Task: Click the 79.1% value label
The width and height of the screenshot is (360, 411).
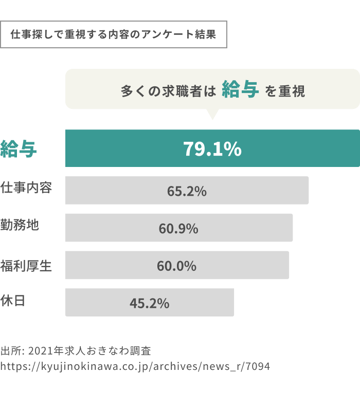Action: pos(212,149)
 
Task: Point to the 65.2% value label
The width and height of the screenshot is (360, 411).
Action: pos(187,191)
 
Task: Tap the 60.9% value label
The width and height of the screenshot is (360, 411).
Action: pos(178,229)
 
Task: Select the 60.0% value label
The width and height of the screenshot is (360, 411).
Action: pos(176,266)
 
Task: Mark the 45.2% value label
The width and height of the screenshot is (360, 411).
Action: pos(149,303)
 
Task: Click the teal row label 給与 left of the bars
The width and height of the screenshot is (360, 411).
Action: pos(19,149)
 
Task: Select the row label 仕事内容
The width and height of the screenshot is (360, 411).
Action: pos(26,188)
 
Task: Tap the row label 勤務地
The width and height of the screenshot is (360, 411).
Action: pos(20,225)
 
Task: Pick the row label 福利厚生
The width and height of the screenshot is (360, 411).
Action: pos(26,266)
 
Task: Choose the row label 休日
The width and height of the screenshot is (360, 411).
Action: pos(14,301)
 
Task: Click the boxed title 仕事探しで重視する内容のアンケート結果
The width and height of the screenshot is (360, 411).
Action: pos(113,34)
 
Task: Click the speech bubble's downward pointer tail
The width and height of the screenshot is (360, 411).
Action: pos(211,114)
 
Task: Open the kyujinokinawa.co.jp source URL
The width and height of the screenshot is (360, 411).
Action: pos(135,367)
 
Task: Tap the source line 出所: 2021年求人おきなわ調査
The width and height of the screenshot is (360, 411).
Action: pos(76,351)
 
